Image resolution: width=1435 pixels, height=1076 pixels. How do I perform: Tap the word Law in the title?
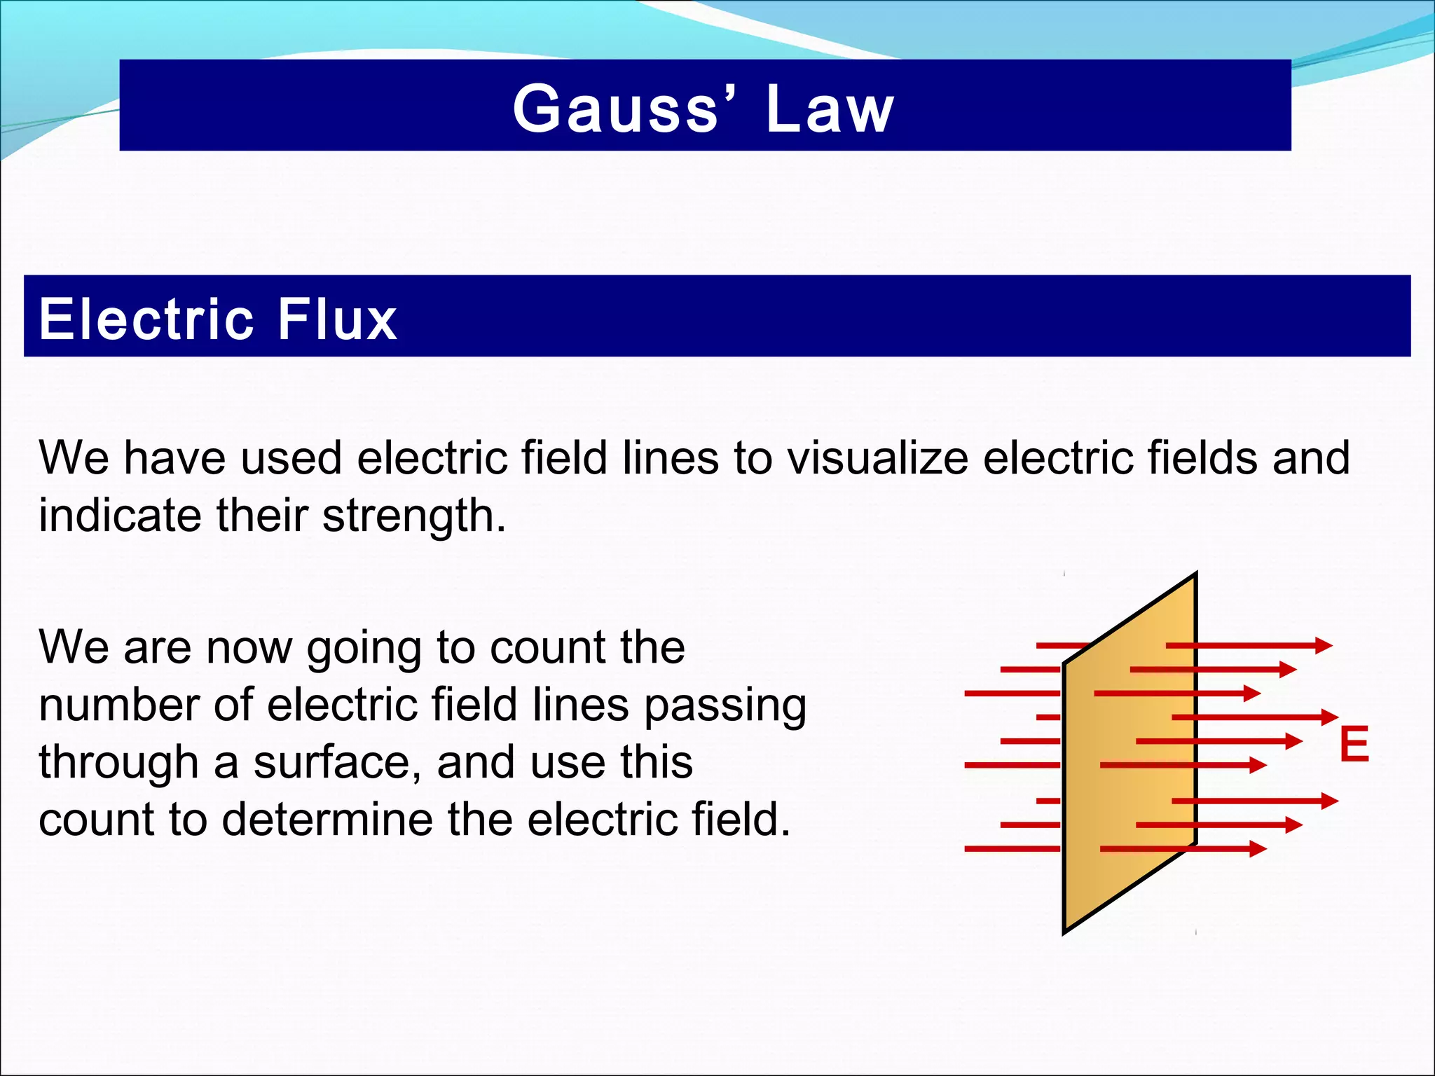coord(830,109)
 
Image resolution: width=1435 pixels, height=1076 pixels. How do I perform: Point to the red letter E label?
coord(1354,745)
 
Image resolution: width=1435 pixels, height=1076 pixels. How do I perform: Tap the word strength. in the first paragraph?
coord(413,517)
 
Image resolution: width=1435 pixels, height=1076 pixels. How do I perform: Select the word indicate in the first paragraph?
coord(120,516)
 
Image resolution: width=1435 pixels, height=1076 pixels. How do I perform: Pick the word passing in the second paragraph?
coord(725,706)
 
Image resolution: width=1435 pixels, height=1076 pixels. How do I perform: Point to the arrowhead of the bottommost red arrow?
coord(1259,849)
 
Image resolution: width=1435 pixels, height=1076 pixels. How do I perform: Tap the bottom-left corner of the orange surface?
coord(1064,932)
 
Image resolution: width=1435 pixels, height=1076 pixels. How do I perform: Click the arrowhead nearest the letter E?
coord(1330,717)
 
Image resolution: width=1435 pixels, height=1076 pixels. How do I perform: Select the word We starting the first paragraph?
coord(74,458)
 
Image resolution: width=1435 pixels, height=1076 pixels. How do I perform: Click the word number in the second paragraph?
coord(118,705)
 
